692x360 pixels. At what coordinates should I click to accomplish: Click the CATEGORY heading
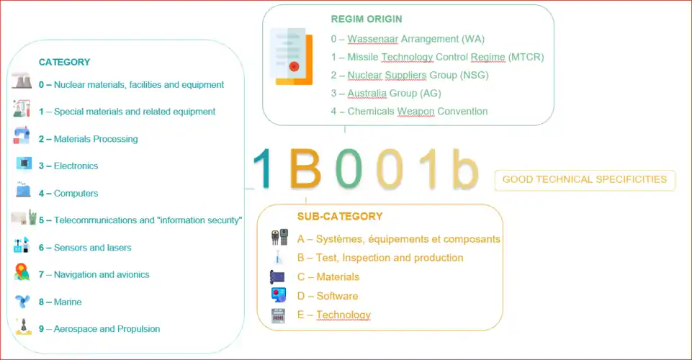point(64,62)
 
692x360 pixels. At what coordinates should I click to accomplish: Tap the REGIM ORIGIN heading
point(367,19)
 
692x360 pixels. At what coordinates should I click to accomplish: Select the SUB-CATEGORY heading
point(340,217)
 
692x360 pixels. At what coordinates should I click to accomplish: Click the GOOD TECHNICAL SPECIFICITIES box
point(585,180)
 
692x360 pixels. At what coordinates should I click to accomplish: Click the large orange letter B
point(305,168)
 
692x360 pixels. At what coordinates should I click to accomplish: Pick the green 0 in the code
point(349,168)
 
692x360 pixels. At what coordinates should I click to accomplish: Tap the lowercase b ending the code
point(466,168)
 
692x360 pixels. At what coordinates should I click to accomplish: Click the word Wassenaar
point(373,39)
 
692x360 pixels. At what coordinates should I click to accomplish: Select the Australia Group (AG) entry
point(386,94)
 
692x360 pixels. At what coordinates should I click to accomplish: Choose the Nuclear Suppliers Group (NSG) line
point(410,76)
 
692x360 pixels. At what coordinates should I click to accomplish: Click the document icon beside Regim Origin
point(292,56)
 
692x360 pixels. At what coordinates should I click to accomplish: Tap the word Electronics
point(76,166)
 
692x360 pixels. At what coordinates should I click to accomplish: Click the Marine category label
point(60,302)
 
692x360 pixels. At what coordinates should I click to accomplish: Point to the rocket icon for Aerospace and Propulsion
point(23,327)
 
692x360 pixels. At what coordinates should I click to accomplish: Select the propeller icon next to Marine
point(22,302)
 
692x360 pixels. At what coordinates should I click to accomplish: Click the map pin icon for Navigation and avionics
point(22,272)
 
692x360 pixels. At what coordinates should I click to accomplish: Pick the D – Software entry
point(328,296)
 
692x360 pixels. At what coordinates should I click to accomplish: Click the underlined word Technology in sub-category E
point(343,315)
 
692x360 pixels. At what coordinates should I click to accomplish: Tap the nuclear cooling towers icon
point(22,81)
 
